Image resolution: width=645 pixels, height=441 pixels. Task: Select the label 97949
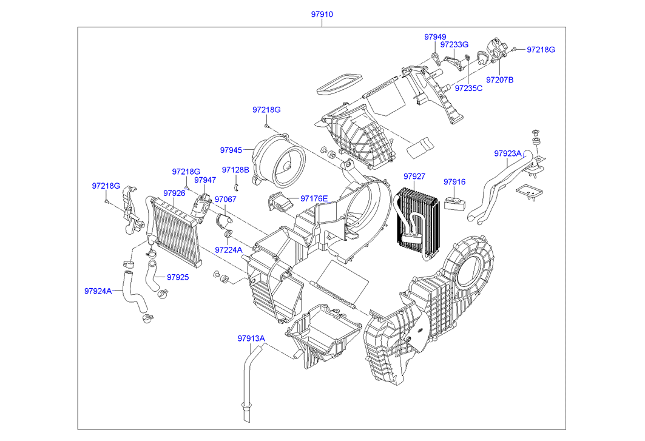pyautogui.click(x=434, y=37)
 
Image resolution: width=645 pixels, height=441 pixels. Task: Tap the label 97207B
pyautogui.click(x=499, y=79)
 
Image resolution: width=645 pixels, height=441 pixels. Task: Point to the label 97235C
pyautogui.click(x=468, y=88)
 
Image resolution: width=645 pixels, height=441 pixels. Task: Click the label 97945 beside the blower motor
pyautogui.click(x=231, y=150)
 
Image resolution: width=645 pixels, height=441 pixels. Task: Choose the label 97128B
pyautogui.click(x=235, y=170)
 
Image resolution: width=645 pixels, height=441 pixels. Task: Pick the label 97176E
pyautogui.click(x=314, y=198)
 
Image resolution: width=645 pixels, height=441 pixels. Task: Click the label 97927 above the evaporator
pyautogui.click(x=414, y=177)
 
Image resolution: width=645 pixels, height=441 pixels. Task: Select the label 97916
pyautogui.click(x=454, y=181)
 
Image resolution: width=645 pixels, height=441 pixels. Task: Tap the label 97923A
pyautogui.click(x=508, y=153)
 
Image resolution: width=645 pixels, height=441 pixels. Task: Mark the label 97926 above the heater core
pyautogui.click(x=174, y=193)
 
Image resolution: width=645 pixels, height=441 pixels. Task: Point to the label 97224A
pyautogui.click(x=228, y=249)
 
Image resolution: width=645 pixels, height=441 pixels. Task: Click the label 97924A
pyautogui.click(x=98, y=291)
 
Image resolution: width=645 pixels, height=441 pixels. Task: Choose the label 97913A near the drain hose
pyautogui.click(x=251, y=338)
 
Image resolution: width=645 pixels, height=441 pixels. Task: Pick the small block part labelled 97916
pyautogui.click(x=455, y=202)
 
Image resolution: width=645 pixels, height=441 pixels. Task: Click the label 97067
pyautogui.click(x=226, y=200)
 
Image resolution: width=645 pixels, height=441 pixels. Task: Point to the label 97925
pyautogui.click(x=178, y=277)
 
